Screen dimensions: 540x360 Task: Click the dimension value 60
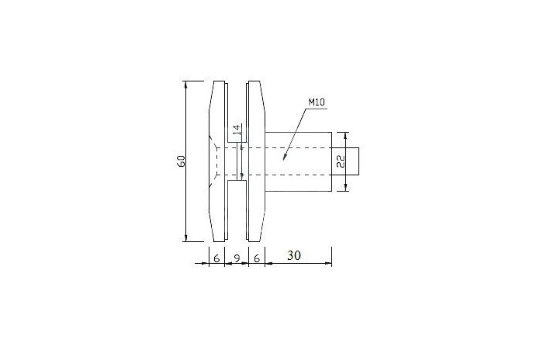pos(181,161)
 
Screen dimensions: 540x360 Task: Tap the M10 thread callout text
pos(317,102)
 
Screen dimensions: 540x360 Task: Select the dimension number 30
pos(294,255)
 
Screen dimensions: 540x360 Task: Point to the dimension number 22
pos(341,161)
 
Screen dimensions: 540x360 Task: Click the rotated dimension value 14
pos(236,130)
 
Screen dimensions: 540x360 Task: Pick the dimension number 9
pos(237,258)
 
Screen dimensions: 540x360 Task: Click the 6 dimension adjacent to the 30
pos(257,258)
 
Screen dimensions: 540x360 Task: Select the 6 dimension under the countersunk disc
pos(216,258)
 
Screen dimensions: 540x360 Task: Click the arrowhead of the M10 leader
pos(284,157)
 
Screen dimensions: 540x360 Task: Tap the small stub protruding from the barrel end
pos(345,161)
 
